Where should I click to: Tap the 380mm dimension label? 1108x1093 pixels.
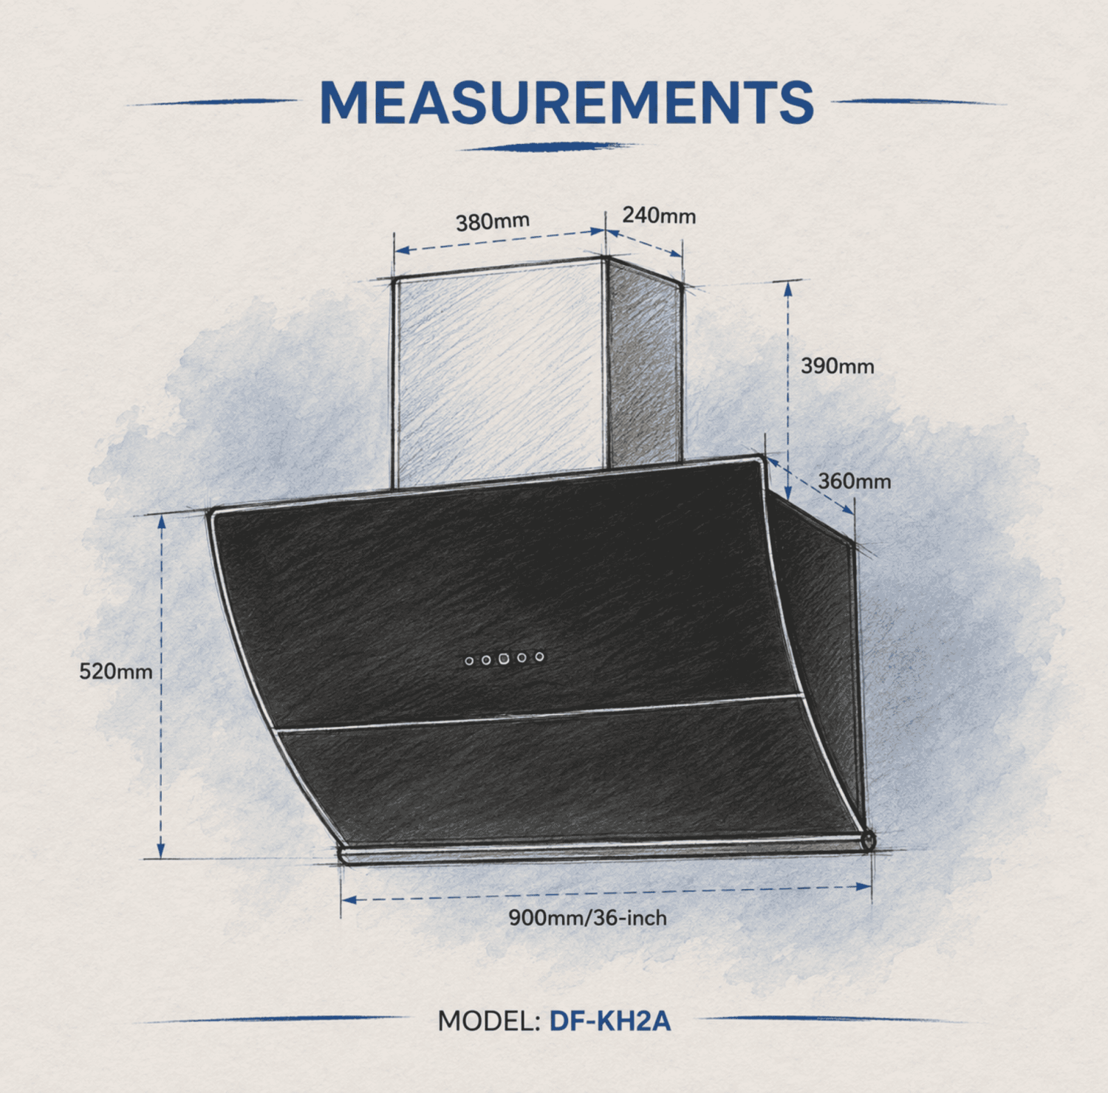493,222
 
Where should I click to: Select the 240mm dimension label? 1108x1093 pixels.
659,216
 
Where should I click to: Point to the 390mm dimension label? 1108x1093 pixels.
838,366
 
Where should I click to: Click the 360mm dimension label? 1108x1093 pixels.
855,482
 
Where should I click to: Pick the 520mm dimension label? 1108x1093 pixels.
116,671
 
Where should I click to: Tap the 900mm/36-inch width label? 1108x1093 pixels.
587,918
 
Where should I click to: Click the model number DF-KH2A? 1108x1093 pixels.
610,1021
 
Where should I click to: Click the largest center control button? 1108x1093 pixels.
504,658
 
